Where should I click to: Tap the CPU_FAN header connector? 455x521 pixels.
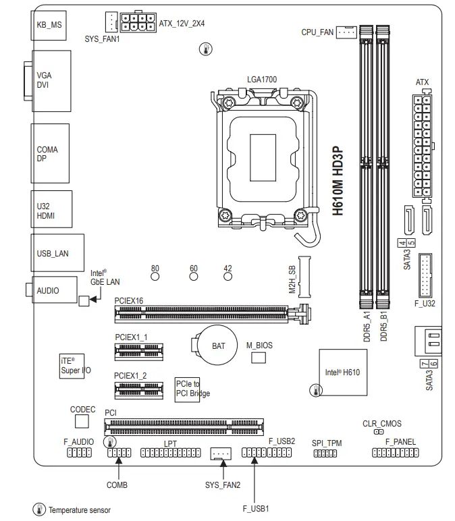346,32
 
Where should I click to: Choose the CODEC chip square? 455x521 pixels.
82,421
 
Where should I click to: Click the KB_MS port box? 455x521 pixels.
50,25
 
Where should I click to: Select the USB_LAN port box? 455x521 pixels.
57,253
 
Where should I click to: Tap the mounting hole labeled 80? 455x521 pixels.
155,275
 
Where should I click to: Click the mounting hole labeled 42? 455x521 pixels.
228,275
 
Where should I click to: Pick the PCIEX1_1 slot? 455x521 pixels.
139,349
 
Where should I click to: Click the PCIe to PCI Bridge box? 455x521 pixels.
187,389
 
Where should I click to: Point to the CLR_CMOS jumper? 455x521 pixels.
379,432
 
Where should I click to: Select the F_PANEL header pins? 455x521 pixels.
395,453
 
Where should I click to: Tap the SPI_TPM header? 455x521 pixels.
325,454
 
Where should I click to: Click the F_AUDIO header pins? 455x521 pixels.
79,453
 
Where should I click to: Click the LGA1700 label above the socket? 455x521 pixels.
262,80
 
